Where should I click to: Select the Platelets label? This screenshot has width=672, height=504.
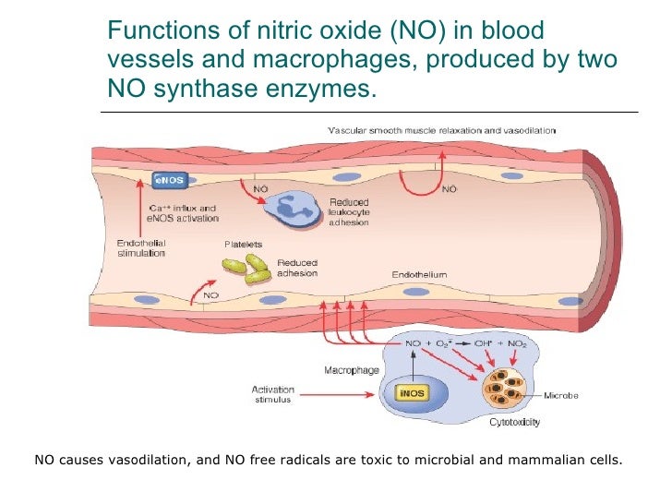pyautogui.click(x=244, y=245)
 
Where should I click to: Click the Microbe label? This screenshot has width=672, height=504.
pyautogui.click(x=560, y=395)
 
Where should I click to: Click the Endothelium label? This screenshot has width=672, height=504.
pyautogui.click(x=419, y=274)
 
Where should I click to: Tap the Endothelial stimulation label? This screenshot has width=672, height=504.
pyautogui.click(x=141, y=247)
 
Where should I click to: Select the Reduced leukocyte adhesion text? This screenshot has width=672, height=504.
pyautogui.click(x=348, y=212)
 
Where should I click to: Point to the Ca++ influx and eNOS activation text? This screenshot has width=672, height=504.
pyautogui.click(x=184, y=213)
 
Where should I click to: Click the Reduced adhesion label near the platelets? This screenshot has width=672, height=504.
pyautogui.click(x=296, y=268)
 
